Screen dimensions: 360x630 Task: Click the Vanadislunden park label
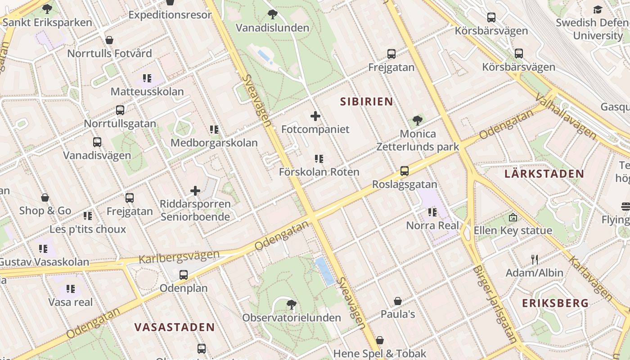[273, 28]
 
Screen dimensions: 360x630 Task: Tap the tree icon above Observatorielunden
[292, 305]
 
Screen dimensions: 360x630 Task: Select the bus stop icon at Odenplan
[184, 275]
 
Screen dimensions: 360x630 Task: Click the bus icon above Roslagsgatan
[405, 171]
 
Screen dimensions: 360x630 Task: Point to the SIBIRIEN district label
[367, 102]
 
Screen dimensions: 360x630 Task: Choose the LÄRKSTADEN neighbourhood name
[544, 174]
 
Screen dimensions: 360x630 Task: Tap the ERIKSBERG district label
[555, 303]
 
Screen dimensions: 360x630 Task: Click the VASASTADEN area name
[174, 327]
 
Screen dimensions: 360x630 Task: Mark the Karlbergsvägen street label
[179, 257]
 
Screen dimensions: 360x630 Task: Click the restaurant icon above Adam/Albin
[535, 260]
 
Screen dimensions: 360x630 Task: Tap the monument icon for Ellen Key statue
[513, 218]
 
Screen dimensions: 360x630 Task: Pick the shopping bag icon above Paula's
[398, 301]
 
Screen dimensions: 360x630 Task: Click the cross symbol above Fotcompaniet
[315, 116]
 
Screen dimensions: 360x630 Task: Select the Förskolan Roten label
[319, 172]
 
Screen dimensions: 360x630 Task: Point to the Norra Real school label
[433, 225]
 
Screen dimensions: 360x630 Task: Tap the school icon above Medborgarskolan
[214, 130]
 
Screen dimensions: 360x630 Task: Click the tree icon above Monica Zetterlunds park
[418, 120]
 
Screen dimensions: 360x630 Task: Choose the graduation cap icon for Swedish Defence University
[598, 9]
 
